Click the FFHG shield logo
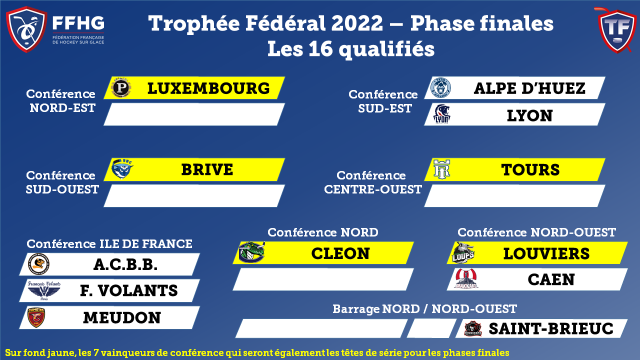(x=26, y=29)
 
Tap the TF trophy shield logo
(x=616, y=30)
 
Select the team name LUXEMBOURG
(x=208, y=88)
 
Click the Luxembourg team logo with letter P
(x=121, y=87)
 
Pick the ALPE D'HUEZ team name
(x=529, y=88)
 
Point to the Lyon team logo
(x=441, y=114)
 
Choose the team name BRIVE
(x=207, y=169)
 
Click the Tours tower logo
(x=441, y=169)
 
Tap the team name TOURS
(x=530, y=169)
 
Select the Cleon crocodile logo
(x=251, y=252)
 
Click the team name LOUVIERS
(x=546, y=253)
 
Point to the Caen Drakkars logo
(x=466, y=278)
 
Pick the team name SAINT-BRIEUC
(x=551, y=328)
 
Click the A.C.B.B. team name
(x=125, y=264)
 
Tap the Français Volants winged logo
(x=44, y=290)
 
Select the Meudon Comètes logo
(x=36, y=317)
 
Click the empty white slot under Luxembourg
(x=194, y=114)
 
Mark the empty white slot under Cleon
(x=323, y=279)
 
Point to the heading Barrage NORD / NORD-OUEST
(x=424, y=309)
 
